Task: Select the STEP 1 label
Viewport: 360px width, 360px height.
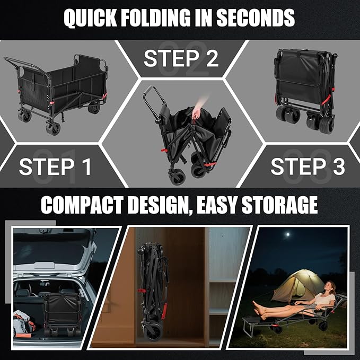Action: (55, 166)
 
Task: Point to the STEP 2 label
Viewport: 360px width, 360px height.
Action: (181, 58)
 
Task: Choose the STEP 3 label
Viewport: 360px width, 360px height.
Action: (308, 166)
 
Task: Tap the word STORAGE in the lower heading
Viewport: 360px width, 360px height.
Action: (279, 205)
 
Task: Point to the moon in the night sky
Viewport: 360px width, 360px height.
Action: (287, 235)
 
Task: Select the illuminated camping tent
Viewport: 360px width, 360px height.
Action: (297, 286)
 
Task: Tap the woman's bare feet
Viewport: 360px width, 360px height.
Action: (259, 308)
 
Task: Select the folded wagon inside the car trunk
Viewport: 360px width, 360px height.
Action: (63, 314)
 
